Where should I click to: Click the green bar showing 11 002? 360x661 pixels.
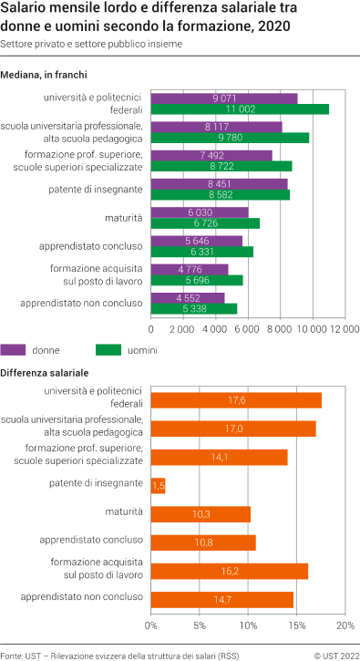coord(239,108)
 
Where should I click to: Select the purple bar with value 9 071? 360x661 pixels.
coord(224,98)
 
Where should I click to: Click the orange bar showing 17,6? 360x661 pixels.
coord(236,399)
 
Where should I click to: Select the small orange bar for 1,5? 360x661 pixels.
coord(158,485)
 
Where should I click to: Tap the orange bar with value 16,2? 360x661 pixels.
coord(230,571)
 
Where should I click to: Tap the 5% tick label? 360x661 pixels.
coord(200,626)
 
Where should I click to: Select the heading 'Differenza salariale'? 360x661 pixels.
coord(45,373)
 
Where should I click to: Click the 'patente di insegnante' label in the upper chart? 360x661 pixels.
coord(96,189)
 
